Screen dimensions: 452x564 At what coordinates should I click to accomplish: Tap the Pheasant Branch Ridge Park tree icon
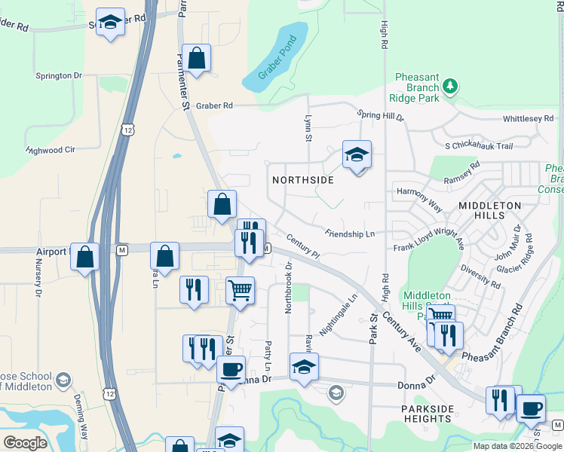pyautogui.click(x=450, y=86)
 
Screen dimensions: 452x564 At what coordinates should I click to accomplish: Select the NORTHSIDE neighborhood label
pyautogui.click(x=302, y=181)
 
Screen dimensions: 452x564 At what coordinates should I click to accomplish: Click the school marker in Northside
pyautogui.click(x=357, y=155)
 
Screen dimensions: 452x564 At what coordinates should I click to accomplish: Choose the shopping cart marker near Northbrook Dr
pyautogui.click(x=240, y=290)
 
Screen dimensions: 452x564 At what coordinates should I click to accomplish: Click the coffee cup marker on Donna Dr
pyautogui.click(x=231, y=369)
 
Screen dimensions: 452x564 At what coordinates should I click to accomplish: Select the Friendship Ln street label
pyautogui.click(x=351, y=234)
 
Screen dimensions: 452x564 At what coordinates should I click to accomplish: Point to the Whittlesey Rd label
pyautogui.click(x=528, y=119)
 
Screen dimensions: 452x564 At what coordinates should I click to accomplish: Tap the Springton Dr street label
pyautogui.click(x=58, y=76)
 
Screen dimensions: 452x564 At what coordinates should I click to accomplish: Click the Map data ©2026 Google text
pyautogui.click(x=516, y=446)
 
